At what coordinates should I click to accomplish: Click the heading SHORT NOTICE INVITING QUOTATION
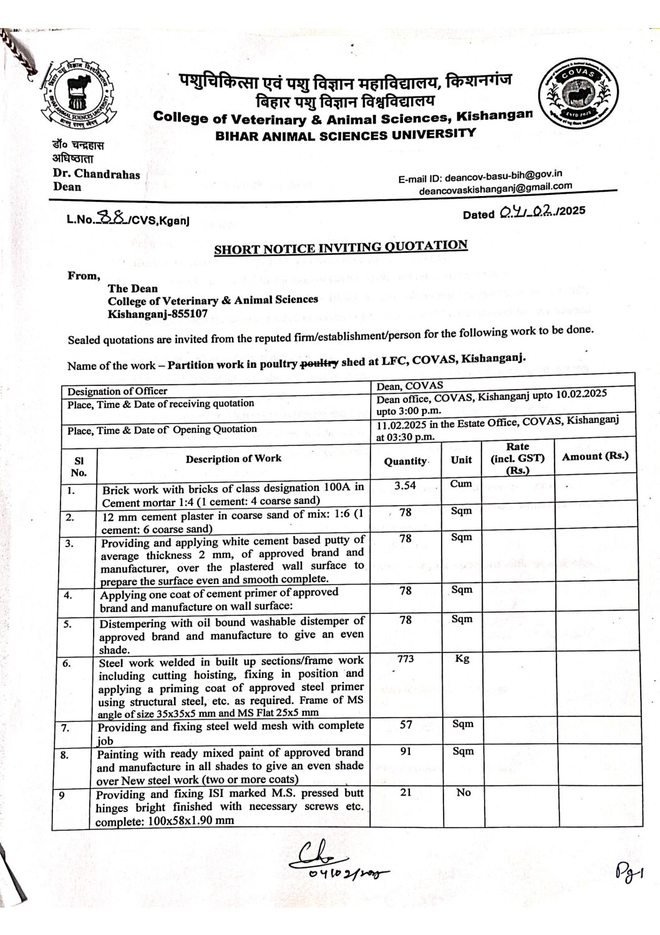point(341,247)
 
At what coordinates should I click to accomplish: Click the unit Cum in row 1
point(461,484)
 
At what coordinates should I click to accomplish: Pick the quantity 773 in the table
point(405,658)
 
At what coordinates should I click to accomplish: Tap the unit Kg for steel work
point(462,658)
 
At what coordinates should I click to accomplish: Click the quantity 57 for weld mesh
point(405,725)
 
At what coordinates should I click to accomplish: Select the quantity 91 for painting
point(405,752)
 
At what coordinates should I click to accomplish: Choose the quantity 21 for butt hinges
point(405,793)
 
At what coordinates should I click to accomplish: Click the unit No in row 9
point(463,793)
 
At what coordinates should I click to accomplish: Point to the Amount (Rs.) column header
point(594,457)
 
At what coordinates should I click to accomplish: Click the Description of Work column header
point(233,458)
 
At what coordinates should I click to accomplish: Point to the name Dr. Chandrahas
point(97,174)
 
